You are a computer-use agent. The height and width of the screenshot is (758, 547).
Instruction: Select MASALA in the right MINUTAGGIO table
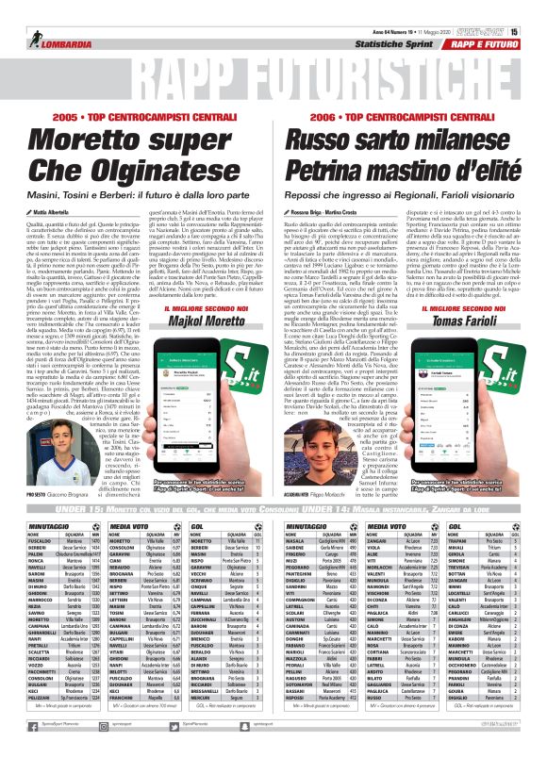pos(295,539)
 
